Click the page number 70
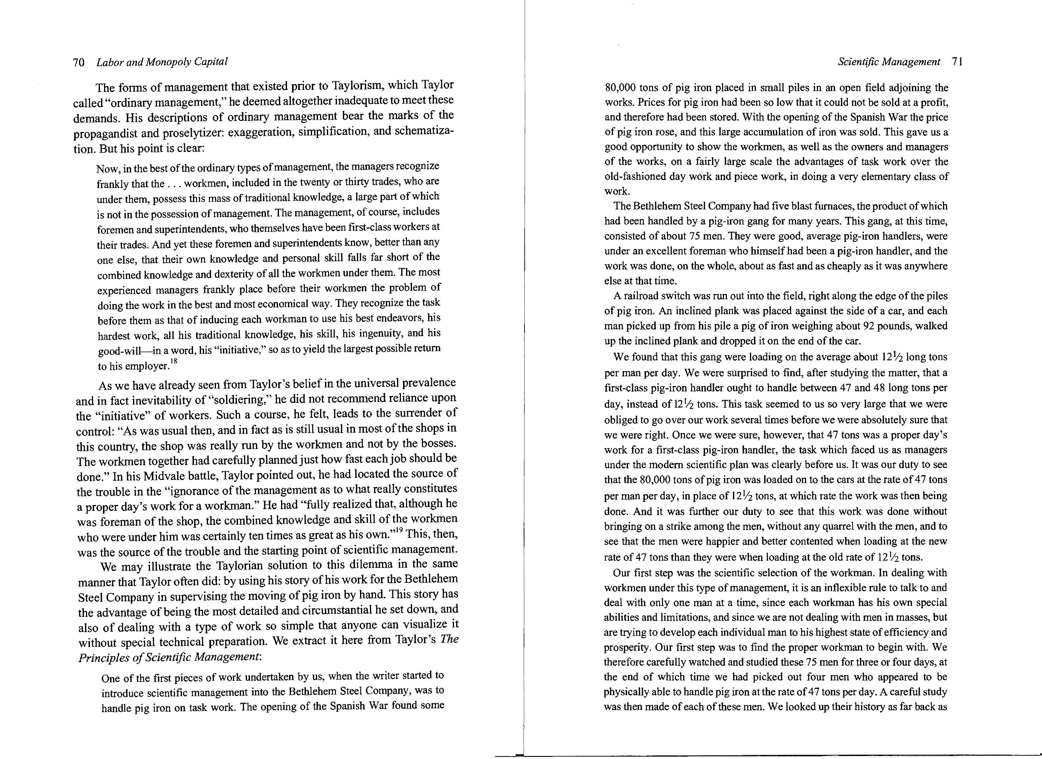(x=79, y=62)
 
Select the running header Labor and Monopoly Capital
(x=162, y=62)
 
